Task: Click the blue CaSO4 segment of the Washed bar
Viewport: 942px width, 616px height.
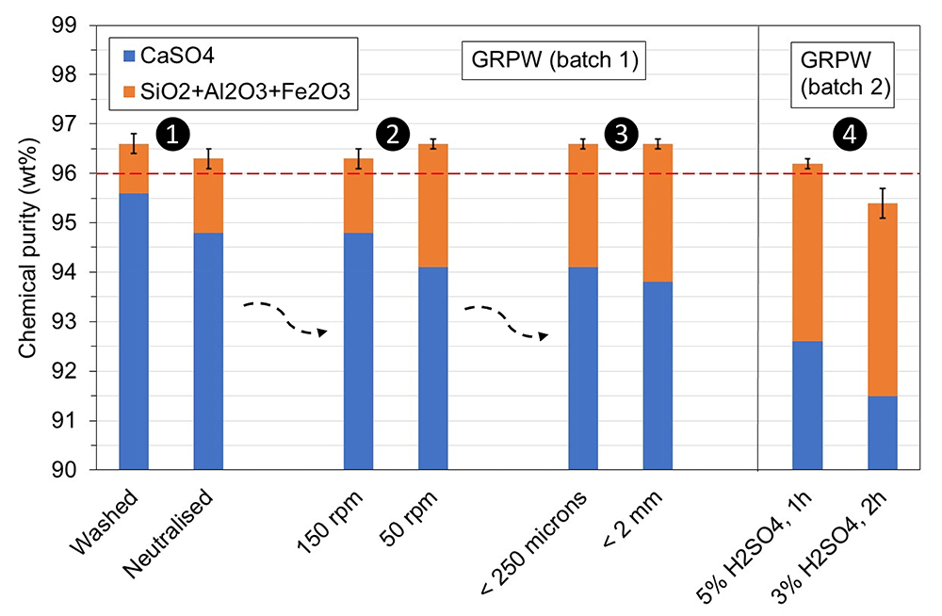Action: [134, 332]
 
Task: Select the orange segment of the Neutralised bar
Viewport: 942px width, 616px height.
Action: [208, 195]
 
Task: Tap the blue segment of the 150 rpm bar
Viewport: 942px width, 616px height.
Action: [358, 351]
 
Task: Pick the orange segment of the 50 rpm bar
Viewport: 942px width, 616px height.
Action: [433, 205]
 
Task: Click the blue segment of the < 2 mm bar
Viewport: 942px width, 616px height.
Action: [658, 376]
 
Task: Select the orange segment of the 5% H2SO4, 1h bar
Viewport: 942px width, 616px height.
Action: [807, 252]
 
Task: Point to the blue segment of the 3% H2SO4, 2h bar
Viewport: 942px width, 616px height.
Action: [883, 432]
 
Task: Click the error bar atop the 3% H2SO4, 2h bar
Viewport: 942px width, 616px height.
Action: [883, 203]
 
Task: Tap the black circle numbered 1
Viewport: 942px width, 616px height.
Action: [172, 134]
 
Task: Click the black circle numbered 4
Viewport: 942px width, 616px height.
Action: [850, 134]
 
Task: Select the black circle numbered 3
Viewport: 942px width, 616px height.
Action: [621, 134]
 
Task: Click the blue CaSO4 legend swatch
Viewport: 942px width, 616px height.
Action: [128, 57]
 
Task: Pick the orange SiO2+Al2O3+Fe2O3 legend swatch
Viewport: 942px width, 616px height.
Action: [128, 91]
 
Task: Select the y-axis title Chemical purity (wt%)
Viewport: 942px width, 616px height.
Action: [27, 248]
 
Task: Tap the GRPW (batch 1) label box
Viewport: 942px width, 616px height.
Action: [553, 60]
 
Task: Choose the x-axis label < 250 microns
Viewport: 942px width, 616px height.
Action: [535, 543]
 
